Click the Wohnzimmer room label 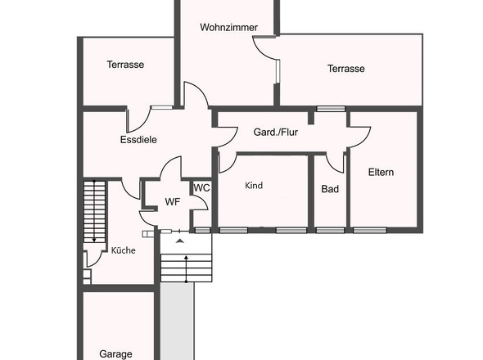228,27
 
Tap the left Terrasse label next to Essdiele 125,65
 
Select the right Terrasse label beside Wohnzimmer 345,69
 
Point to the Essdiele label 138,139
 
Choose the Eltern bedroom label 381,172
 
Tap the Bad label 329,188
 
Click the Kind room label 254,186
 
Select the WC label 201,187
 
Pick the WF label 172,200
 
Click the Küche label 123,250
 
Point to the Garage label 115,353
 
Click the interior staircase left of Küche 95,211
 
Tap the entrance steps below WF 185,267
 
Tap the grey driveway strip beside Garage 176,323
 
